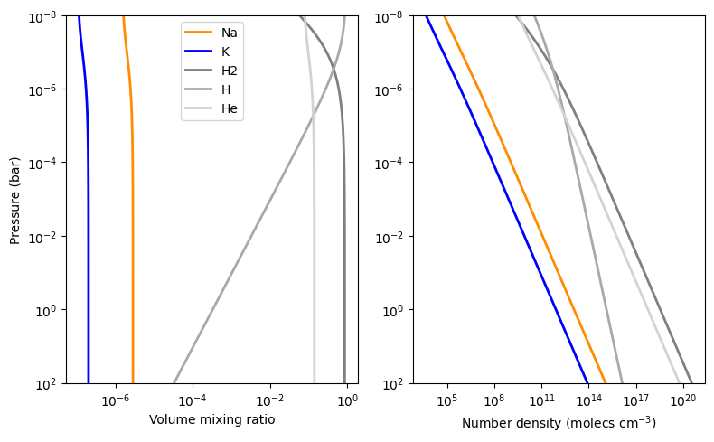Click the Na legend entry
pyautogui.click(x=211, y=33)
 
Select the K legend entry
pyautogui.click(x=207, y=52)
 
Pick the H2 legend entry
pyautogui.click(x=211, y=71)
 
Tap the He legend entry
pyautogui.click(x=211, y=108)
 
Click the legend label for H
pyautogui.click(x=226, y=89)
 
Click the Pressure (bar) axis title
pyautogui.click(x=14, y=201)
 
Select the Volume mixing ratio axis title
pyautogui.click(x=211, y=419)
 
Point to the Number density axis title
pyautogui.click(x=559, y=423)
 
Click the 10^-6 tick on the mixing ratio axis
pyautogui.click(x=116, y=400)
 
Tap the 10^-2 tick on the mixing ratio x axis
pyautogui.click(x=270, y=400)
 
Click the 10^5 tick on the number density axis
pyautogui.click(x=447, y=400)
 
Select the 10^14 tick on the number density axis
pyautogui.click(x=588, y=400)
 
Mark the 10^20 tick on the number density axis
pyautogui.click(x=683, y=400)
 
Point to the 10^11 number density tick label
pyautogui.click(x=541, y=400)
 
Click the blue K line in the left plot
pyautogui.click(x=88, y=201)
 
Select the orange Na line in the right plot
pyautogui.click(x=524, y=201)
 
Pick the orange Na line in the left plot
pyautogui.click(x=133, y=201)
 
